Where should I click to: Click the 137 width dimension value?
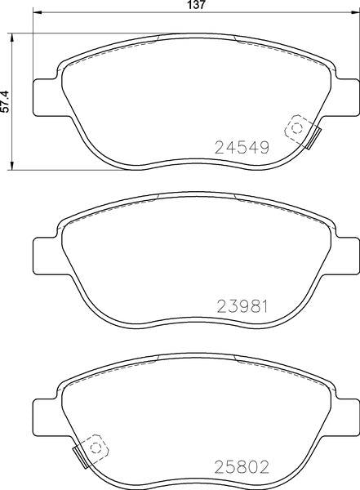(x=197, y=5)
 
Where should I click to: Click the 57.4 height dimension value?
(x=6, y=101)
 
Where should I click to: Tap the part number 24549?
(x=242, y=148)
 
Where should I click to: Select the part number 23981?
(x=242, y=306)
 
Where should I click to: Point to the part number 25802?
(x=242, y=467)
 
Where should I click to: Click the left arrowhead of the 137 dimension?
(x=37, y=12)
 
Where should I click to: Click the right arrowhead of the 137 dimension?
(x=356, y=12)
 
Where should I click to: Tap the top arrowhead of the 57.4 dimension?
(x=12, y=38)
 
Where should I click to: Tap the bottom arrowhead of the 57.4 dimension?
(x=12, y=166)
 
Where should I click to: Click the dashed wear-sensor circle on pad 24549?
(x=296, y=128)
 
